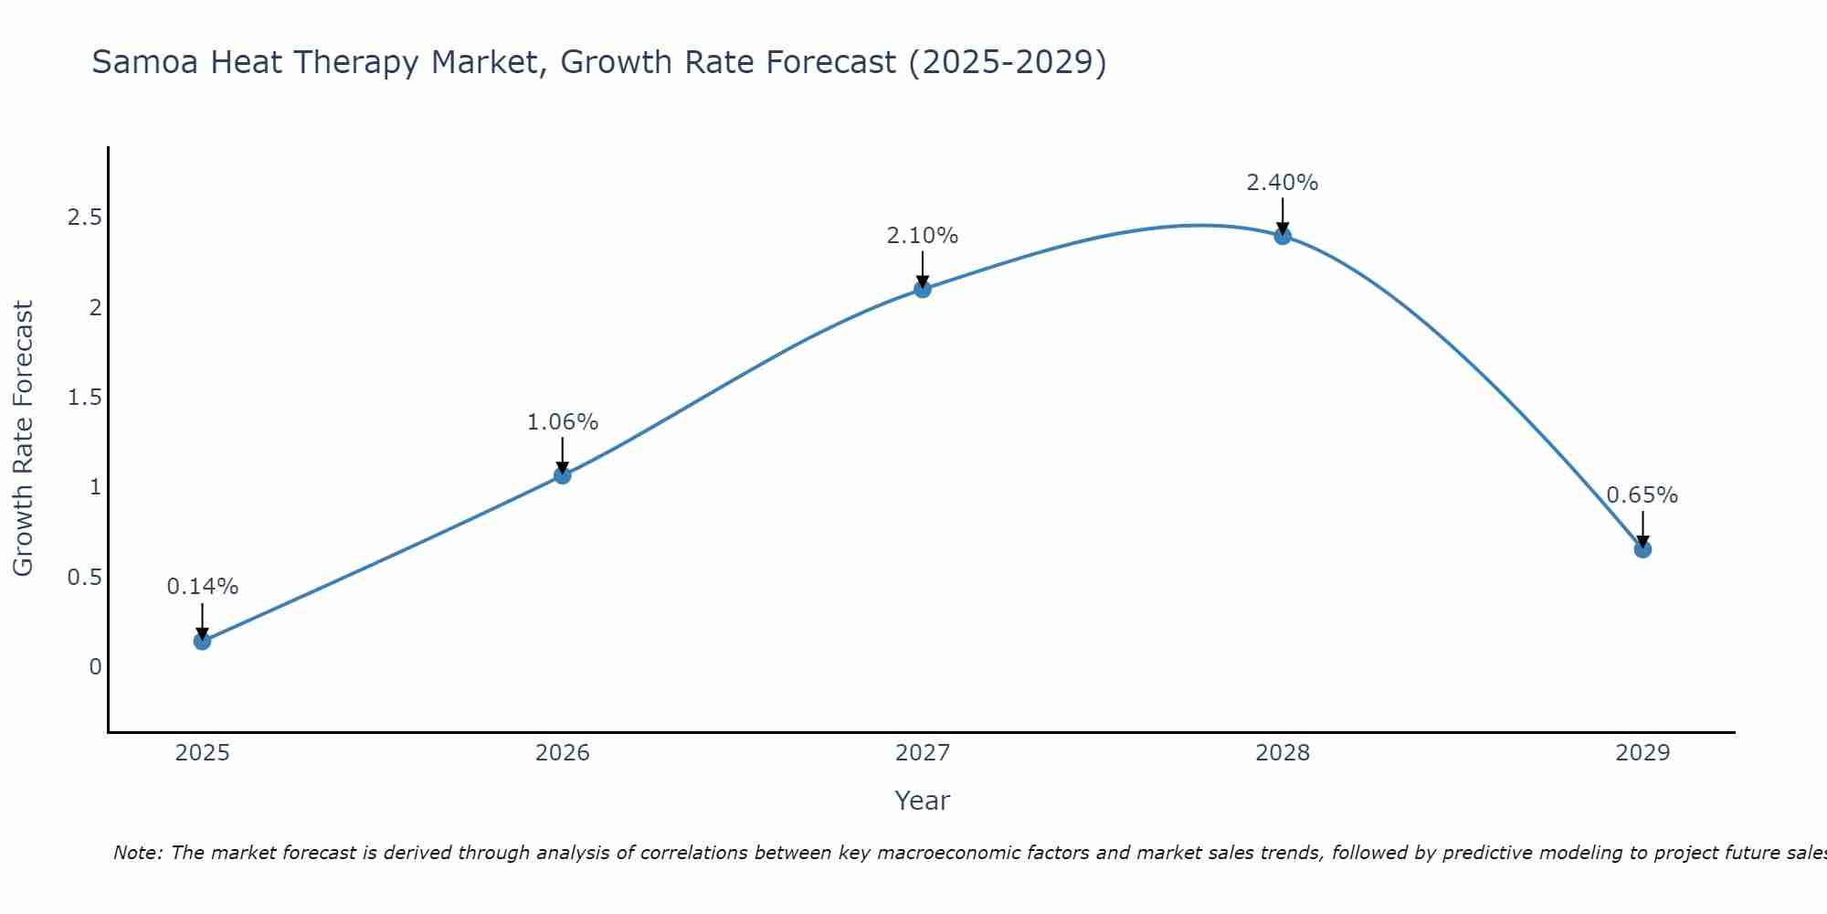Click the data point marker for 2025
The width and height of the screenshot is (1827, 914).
coord(202,641)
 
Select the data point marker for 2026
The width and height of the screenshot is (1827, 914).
coord(562,475)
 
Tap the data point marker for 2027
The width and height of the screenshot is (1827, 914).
coord(923,289)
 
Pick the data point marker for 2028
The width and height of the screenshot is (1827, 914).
coord(1283,236)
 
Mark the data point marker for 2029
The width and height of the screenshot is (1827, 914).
coord(1642,549)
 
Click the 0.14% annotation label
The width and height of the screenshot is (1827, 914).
coord(202,587)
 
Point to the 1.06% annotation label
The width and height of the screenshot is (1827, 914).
coord(562,422)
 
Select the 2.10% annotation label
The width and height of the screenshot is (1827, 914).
coord(923,236)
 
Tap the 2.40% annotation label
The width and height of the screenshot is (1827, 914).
coord(1283,183)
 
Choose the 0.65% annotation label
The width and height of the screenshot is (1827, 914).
coord(1642,495)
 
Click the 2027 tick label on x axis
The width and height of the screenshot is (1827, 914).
coord(923,753)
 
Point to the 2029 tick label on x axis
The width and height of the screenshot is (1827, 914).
coord(1642,753)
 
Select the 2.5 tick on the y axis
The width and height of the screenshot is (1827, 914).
coord(84,218)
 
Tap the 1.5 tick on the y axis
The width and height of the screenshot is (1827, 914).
coord(84,398)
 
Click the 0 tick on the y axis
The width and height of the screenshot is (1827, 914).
coord(95,667)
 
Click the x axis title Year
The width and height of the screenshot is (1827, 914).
coord(923,801)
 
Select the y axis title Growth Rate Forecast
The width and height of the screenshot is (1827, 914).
coord(23,439)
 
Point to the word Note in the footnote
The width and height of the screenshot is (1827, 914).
coord(137,853)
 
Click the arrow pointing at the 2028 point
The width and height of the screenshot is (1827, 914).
coord(1283,216)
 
